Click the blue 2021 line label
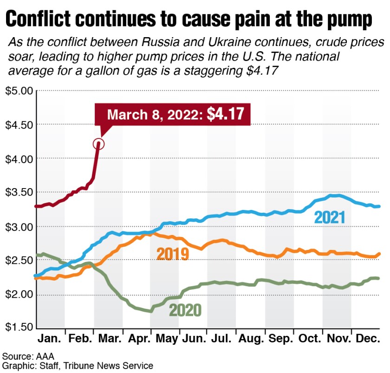click(x=330, y=216)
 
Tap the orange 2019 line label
click(x=173, y=254)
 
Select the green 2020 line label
click(x=185, y=310)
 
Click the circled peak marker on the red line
click(x=98, y=144)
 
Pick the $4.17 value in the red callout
click(x=225, y=115)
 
